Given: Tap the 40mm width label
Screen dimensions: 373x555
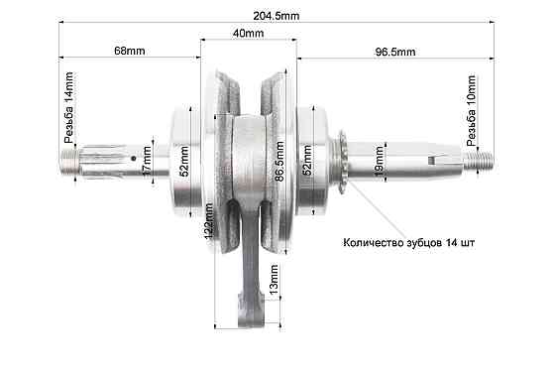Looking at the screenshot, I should (x=248, y=33).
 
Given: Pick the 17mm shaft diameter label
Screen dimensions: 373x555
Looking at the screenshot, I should (x=146, y=159).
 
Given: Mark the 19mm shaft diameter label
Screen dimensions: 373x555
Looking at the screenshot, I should (x=379, y=159).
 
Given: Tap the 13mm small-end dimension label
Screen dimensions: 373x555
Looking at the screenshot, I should (x=275, y=292).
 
